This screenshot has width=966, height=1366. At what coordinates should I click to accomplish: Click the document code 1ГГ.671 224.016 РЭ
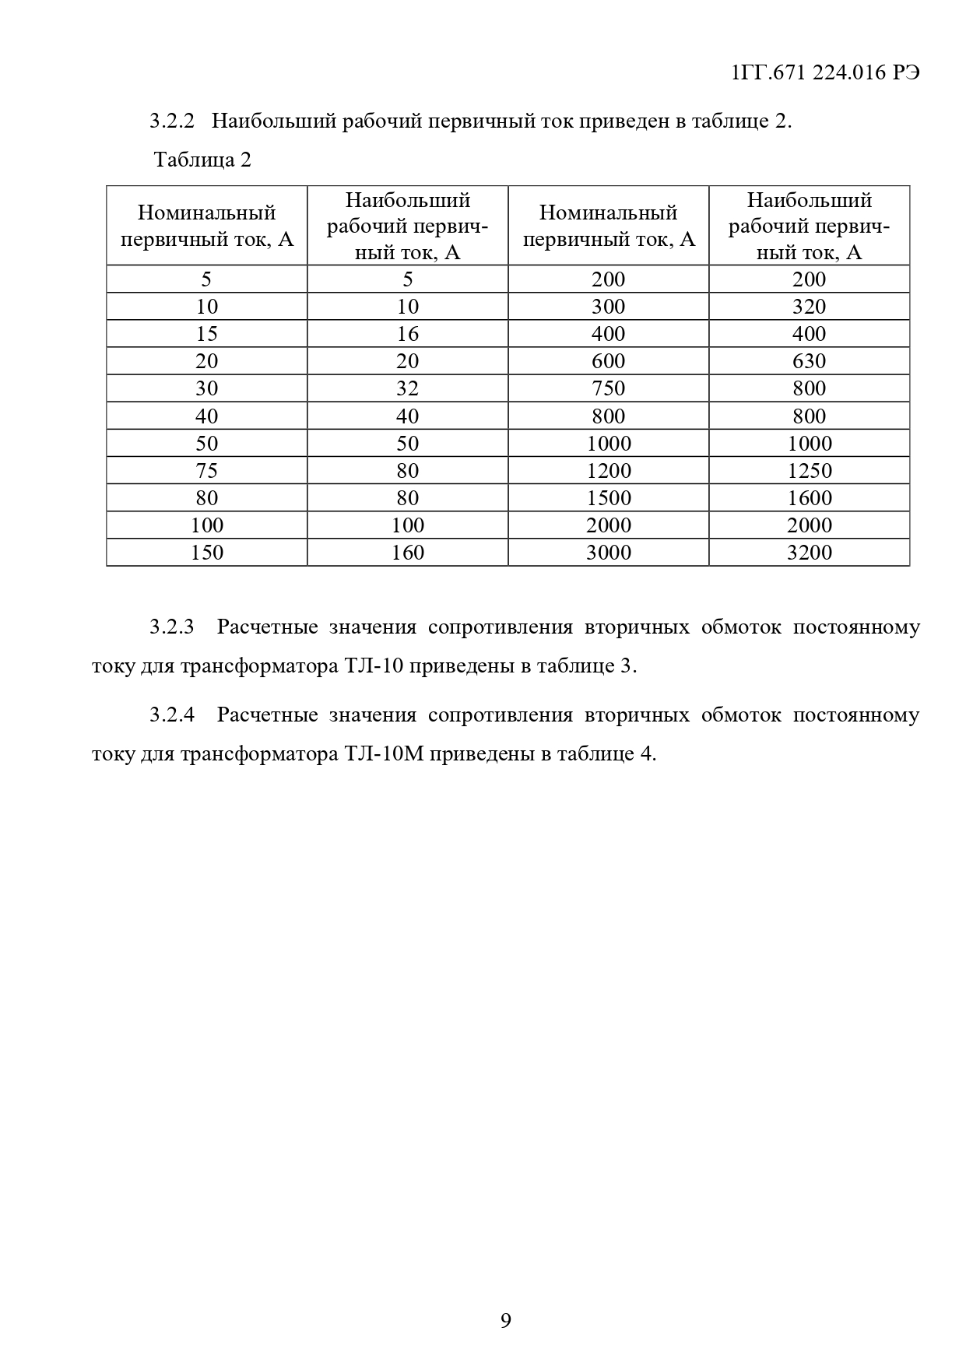tap(825, 73)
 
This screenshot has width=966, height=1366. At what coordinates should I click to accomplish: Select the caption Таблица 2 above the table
tap(202, 160)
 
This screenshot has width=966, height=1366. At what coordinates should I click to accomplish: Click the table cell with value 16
tap(407, 334)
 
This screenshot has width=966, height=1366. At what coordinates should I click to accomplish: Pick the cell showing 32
tap(407, 388)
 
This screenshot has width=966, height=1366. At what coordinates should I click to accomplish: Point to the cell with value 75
tap(206, 471)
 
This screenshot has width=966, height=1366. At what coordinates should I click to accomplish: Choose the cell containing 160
tap(407, 553)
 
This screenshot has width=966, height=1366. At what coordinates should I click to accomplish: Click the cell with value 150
tap(206, 553)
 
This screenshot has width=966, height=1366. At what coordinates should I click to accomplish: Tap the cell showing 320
tap(809, 307)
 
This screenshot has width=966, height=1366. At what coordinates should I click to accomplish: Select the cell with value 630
tap(809, 361)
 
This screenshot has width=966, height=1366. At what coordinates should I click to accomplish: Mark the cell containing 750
tap(608, 388)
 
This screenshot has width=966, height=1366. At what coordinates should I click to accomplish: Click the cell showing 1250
tap(809, 471)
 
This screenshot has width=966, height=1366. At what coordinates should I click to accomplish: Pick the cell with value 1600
tap(809, 498)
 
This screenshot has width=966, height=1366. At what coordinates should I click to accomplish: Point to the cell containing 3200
tap(809, 553)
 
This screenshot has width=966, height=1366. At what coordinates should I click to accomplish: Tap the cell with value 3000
tap(608, 553)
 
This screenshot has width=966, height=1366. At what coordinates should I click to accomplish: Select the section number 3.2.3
tap(171, 627)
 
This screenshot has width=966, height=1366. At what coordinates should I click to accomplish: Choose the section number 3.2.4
tap(171, 715)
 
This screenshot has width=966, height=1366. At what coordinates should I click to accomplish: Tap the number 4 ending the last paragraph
tap(645, 754)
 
